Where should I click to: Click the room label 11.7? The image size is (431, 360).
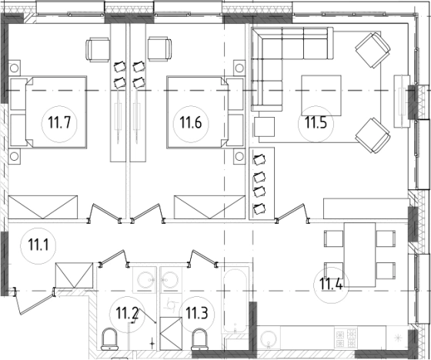[59, 122]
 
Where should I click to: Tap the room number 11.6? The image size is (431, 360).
[191, 122]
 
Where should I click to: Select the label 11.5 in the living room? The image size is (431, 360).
[316, 122]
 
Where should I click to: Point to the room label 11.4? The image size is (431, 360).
[331, 284]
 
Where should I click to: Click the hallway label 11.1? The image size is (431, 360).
[38, 245]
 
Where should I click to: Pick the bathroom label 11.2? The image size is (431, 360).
[127, 313]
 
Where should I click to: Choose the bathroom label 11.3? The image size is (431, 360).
[197, 313]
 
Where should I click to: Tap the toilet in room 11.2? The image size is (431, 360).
[109, 339]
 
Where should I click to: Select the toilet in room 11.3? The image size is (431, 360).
[199, 339]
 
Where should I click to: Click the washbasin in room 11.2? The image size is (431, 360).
[145, 280]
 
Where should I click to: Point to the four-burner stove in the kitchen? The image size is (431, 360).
[346, 338]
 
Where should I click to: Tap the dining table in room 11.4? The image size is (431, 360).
[360, 255]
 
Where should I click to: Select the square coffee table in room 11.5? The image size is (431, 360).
[322, 95]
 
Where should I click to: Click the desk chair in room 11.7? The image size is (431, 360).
[98, 49]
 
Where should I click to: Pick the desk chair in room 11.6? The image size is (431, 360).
[160, 49]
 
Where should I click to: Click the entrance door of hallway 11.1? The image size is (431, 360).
[34, 302]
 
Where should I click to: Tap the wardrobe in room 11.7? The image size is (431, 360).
[43, 207]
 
